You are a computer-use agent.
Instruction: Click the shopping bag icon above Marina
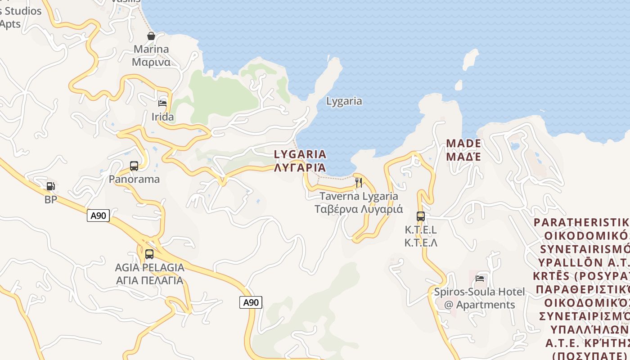(151, 36)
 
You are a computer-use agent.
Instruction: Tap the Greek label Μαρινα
(151, 62)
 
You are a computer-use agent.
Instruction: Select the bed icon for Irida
(162, 103)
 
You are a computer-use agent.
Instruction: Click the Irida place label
(162, 117)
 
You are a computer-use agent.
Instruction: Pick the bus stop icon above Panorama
(134, 166)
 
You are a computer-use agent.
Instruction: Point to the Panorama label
(134, 179)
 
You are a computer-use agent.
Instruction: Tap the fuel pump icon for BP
(51, 186)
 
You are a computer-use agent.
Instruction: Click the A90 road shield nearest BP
(98, 216)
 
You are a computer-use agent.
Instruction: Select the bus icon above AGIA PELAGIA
(149, 254)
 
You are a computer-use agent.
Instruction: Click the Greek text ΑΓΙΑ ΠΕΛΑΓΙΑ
(149, 281)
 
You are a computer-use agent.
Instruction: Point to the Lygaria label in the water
(344, 101)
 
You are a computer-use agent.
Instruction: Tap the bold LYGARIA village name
(300, 154)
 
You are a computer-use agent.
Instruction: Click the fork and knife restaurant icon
(359, 183)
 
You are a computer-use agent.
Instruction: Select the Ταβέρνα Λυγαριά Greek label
(359, 209)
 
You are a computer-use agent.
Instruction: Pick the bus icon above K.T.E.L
(421, 216)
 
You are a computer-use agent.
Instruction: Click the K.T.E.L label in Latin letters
(421, 230)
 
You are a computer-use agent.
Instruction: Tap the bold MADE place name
(463, 144)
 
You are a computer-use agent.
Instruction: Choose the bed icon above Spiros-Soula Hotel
(480, 279)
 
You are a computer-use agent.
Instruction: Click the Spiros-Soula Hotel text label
(479, 292)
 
